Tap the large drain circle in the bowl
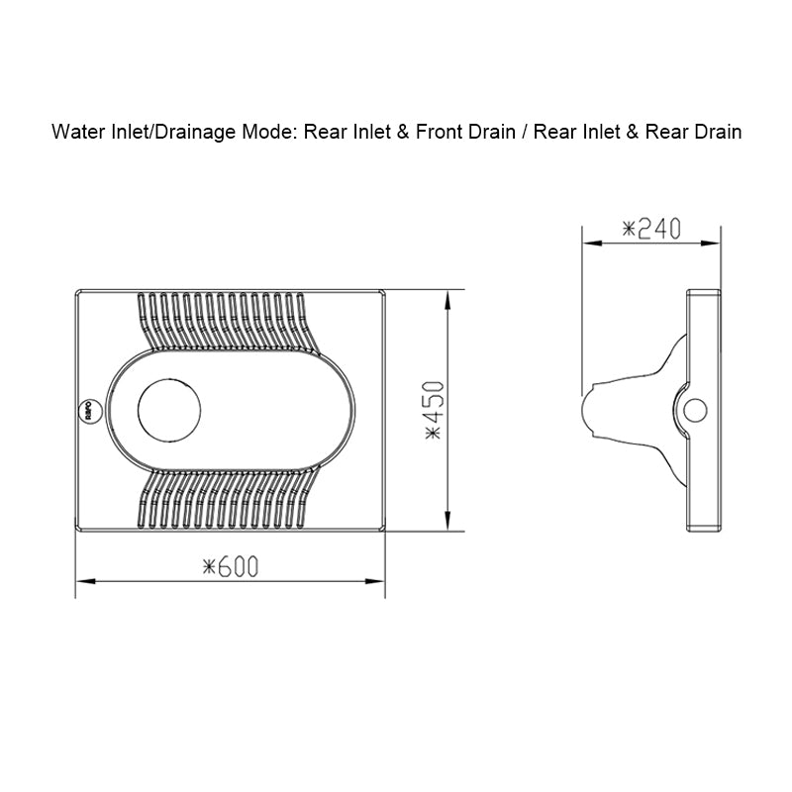click(169, 409)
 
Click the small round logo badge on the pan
click(87, 410)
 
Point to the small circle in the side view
click(696, 409)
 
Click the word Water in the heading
click(74, 131)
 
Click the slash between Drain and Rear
click(524, 131)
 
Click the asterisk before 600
click(210, 567)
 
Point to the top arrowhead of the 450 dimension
click(450, 294)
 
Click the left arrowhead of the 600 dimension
click(82, 581)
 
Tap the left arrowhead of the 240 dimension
click(587, 242)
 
